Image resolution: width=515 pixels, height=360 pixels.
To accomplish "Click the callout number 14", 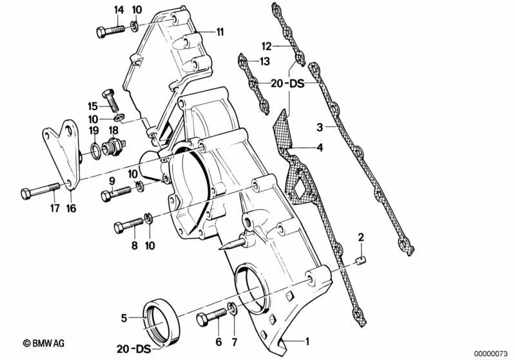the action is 119,10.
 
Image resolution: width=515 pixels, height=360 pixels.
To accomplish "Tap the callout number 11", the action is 220,32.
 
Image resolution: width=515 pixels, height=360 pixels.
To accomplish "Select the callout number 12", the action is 267,46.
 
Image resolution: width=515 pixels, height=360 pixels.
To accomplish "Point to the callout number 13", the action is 265,61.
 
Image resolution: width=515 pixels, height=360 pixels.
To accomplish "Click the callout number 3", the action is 320,127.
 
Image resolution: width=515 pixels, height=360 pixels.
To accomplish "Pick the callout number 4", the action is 320,147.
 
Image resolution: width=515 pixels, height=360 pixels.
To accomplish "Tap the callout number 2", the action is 361,237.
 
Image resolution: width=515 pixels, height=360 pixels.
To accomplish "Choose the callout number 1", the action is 307,341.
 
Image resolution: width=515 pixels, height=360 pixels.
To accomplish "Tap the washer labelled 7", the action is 233,308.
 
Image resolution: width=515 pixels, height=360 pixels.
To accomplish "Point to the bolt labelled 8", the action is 128,225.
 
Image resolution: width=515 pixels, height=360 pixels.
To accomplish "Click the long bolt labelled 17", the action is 40,191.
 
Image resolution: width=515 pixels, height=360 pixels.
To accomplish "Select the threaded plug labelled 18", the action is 114,146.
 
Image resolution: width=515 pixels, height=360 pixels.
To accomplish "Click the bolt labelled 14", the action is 111,30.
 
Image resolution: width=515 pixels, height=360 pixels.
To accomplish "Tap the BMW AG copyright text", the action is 44,344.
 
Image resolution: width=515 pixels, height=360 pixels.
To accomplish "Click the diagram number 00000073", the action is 491,354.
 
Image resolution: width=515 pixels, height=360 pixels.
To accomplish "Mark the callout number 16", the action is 71,208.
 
